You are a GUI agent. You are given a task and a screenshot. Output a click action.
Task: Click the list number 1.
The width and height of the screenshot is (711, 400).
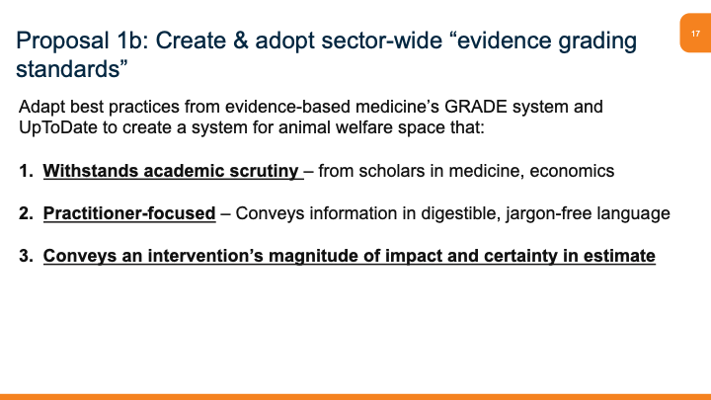pos(25,171)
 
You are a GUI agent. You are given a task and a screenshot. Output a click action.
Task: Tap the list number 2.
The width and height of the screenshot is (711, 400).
pos(25,214)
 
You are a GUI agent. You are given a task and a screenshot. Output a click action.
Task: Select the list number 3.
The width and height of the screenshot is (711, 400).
pos(25,257)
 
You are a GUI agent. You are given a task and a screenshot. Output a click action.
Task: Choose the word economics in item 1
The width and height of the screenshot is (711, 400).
pos(572,171)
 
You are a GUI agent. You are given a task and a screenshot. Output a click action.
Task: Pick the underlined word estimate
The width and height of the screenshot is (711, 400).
pos(616,257)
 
